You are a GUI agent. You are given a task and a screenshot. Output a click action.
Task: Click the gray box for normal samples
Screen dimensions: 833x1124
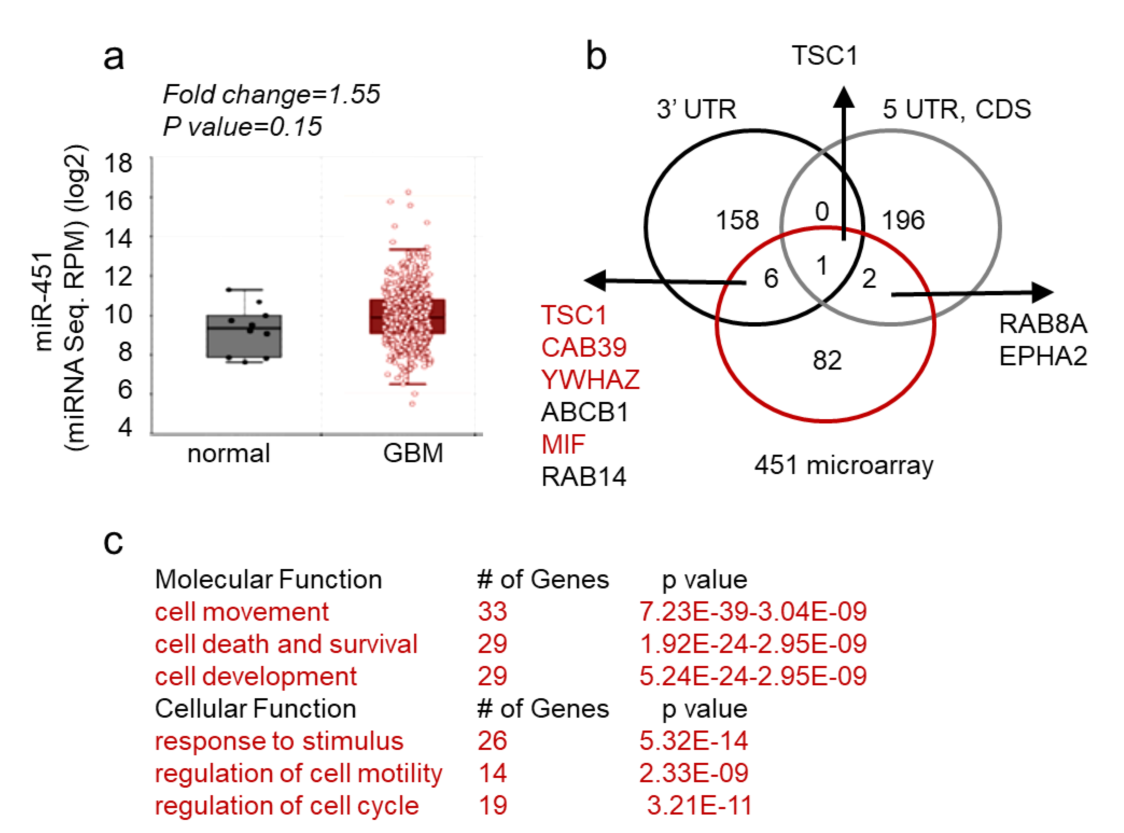[x=244, y=336]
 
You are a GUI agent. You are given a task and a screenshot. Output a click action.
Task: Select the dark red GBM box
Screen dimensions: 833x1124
[x=407, y=317]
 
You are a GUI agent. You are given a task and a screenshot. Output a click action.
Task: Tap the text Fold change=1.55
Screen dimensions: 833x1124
[x=271, y=94]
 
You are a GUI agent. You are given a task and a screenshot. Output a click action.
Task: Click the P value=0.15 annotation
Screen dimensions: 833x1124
[x=242, y=126]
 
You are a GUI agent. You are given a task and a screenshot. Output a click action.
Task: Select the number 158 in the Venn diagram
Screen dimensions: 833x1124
[x=737, y=220]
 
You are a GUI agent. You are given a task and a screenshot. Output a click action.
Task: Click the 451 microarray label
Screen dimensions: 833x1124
[x=844, y=465]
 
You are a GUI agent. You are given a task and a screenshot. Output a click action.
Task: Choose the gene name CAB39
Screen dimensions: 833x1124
[x=584, y=347]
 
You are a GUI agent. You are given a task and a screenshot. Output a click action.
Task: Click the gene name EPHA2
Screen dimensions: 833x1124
[x=1043, y=356]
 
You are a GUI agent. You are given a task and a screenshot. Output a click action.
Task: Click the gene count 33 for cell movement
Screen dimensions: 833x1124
[x=492, y=612]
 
